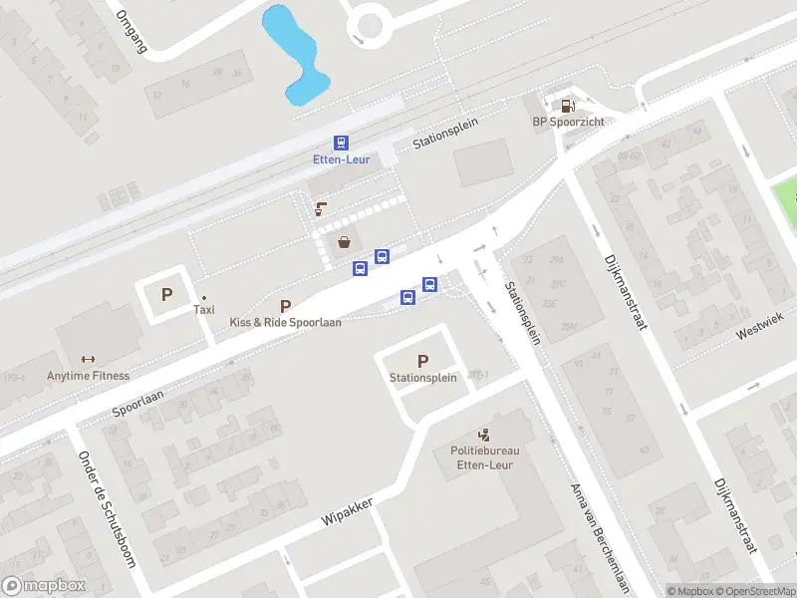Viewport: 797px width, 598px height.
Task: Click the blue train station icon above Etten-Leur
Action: coord(341,144)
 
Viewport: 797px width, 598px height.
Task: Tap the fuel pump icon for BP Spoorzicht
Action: coord(567,105)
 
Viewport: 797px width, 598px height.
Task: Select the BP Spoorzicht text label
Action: coord(568,123)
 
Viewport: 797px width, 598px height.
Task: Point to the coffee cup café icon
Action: coord(320,208)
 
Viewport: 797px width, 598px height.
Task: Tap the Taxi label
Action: coord(203,310)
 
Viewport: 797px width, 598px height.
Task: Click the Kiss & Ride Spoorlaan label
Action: coord(286,323)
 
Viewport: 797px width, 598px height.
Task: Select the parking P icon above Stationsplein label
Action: coord(422,361)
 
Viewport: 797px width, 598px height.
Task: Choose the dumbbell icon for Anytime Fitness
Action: coord(88,360)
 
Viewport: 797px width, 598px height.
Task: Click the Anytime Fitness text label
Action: coord(88,376)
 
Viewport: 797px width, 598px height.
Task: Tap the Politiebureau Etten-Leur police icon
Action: coord(484,435)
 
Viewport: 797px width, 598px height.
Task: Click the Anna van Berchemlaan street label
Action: coord(601,538)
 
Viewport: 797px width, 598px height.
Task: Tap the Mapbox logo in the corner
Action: coord(44,586)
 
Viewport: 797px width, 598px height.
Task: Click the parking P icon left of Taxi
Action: coord(166,294)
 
